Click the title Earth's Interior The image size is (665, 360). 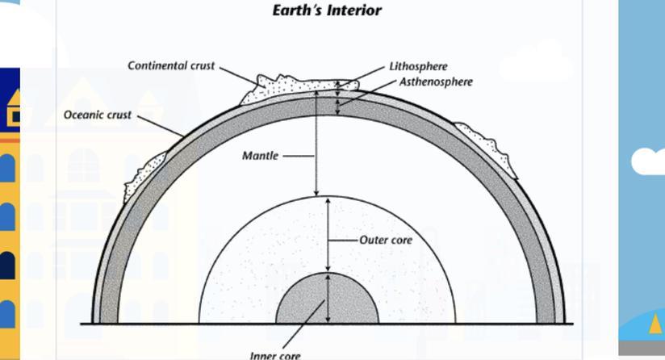327,10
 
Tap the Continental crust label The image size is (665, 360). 171,65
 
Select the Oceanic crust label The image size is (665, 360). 98,115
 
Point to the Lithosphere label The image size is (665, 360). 418,66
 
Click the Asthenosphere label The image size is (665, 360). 436,82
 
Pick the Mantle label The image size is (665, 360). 260,156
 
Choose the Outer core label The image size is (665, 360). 386,240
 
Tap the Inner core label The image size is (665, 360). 275,355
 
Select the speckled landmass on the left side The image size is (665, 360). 144,176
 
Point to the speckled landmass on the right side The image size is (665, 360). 487,149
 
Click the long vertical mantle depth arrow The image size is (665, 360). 316,144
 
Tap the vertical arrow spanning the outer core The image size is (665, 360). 328,235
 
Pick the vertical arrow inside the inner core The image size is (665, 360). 328,298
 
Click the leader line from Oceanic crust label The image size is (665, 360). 161,126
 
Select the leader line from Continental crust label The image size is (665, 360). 243,77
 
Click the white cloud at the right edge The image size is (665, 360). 648,161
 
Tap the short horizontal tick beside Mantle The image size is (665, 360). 299,156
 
